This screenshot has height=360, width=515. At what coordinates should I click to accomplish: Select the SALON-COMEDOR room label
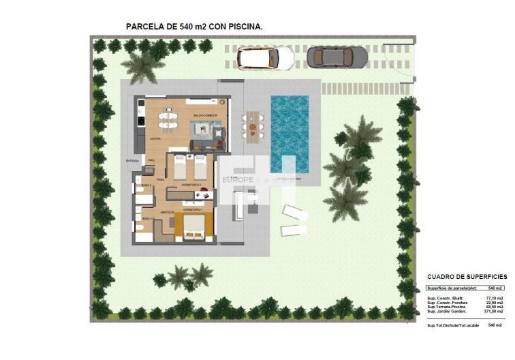(204, 115)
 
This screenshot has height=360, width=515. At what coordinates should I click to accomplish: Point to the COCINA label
(155, 139)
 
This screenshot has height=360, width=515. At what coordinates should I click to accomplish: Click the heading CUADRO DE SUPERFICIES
(467, 277)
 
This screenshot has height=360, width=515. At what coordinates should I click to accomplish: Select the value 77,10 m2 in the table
(494, 299)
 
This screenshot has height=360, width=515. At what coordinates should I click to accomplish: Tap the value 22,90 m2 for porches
(494, 303)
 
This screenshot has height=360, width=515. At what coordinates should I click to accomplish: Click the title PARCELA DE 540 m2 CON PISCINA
(195, 27)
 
